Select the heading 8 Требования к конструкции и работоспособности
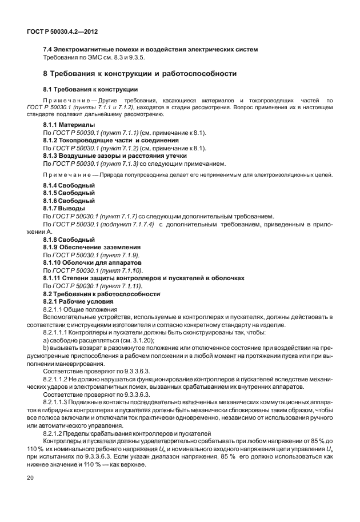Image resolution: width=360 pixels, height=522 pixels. point(140,74)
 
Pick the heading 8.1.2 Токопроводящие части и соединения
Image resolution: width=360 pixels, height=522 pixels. point(111,140)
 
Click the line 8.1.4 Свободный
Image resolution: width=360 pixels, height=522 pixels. point(69,186)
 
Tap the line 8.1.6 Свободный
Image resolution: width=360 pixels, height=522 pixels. point(69,201)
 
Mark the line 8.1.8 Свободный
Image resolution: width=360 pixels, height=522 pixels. point(69,239)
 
